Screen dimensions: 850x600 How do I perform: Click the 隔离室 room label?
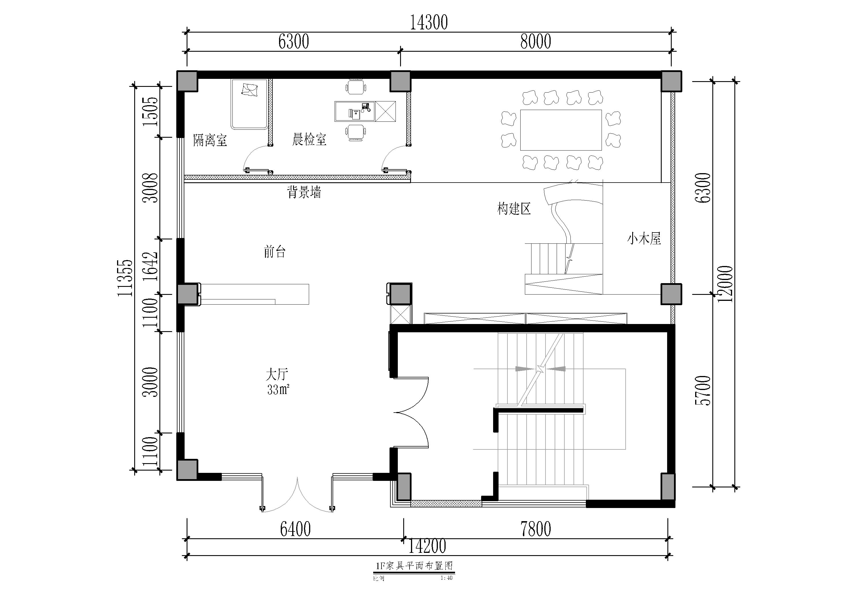(210, 141)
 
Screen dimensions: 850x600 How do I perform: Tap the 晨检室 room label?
(309, 139)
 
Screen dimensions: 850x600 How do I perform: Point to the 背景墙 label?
(304, 192)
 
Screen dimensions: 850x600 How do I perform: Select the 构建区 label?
(514, 209)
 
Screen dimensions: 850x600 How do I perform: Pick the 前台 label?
(275, 252)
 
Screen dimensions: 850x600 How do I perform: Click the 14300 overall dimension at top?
(429, 23)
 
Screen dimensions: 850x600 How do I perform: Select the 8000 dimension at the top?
(536, 41)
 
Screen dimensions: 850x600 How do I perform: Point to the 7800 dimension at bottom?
(536, 529)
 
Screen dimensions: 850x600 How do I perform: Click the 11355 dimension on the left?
(125, 278)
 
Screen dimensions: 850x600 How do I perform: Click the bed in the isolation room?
(250, 104)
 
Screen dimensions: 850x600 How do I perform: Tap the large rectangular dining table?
(561, 130)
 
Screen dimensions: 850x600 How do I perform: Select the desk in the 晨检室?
(365, 111)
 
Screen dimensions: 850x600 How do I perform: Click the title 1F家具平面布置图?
(414, 566)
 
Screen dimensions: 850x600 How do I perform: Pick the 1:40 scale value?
(446, 578)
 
